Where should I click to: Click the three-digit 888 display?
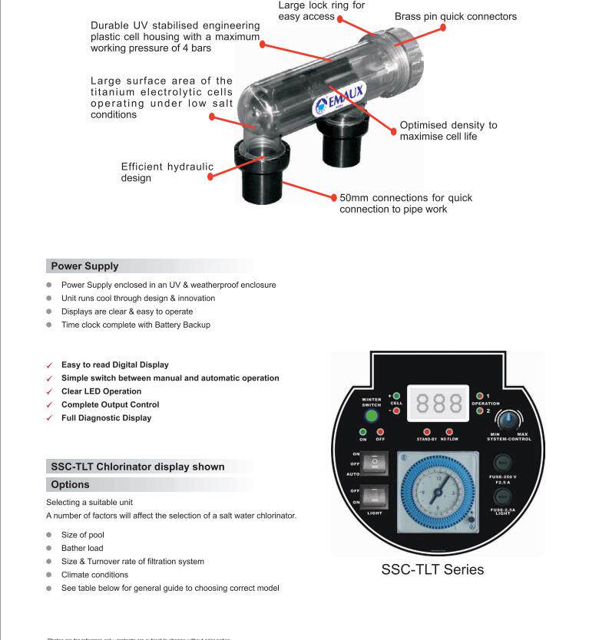pos(440,402)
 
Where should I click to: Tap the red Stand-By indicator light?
pos(426,432)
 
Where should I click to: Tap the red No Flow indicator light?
pos(449,432)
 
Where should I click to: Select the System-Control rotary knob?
pos(508,421)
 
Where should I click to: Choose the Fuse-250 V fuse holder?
pos(503,464)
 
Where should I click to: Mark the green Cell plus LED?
pos(396,395)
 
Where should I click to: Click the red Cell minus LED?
pos(396,411)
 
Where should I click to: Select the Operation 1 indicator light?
pos(480,395)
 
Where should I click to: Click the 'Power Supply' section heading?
pos(84,266)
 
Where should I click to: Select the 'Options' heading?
pos(70,484)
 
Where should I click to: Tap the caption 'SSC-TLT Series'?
pos(432,569)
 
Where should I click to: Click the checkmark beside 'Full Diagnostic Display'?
pos(50,418)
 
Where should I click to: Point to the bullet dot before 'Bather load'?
pos(49,548)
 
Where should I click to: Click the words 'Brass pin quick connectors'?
pos(455,16)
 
